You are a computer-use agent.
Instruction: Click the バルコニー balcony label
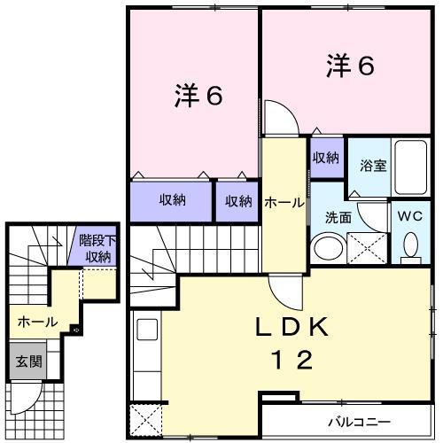361,420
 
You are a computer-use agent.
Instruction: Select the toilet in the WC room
409,245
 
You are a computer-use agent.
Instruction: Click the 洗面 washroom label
338,217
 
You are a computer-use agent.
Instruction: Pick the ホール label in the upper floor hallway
283,202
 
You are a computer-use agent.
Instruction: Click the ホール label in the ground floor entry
38,322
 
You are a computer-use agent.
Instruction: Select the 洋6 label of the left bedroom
196,96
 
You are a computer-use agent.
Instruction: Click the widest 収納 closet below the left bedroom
172,200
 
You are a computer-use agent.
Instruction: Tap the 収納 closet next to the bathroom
326,158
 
